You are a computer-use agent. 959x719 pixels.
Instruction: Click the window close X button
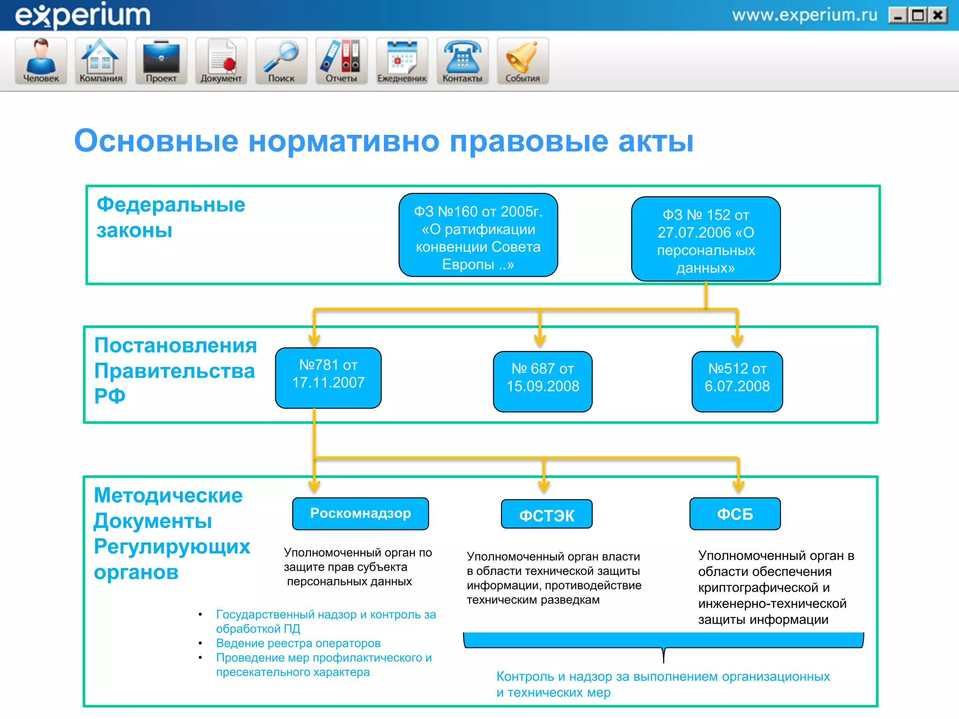pyautogui.click(x=938, y=15)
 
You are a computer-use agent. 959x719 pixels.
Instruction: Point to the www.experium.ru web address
pyautogui.click(x=804, y=15)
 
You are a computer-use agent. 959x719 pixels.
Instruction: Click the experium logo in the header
pyautogui.click(x=83, y=15)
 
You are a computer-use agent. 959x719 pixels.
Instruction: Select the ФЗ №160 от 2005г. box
pyautogui.click(x=478, y=235)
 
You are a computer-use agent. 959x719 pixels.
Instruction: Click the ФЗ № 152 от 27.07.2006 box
pyautogui.click(x=706, y=239)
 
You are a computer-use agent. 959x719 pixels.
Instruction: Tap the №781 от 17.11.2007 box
pyautogui.click(x=328, y=378)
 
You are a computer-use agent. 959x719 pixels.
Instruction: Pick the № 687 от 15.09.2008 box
pyautogui.click(x=543, y=382)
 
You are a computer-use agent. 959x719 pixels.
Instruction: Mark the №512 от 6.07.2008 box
pyautogui.click(x=737, y=382)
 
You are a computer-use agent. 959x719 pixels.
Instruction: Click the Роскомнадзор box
pyautogui.click(x=361, y=514)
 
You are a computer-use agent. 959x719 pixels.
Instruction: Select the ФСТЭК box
pyautogui.click(x=546, y=514)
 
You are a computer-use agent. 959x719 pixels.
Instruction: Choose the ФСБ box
pyautogui.click(x=735, y=514)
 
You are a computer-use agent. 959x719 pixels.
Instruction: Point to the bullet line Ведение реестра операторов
pyautogui.click(x=298, y=643)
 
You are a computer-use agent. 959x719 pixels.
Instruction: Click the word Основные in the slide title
pyautogui.click(x=156, y=141)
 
